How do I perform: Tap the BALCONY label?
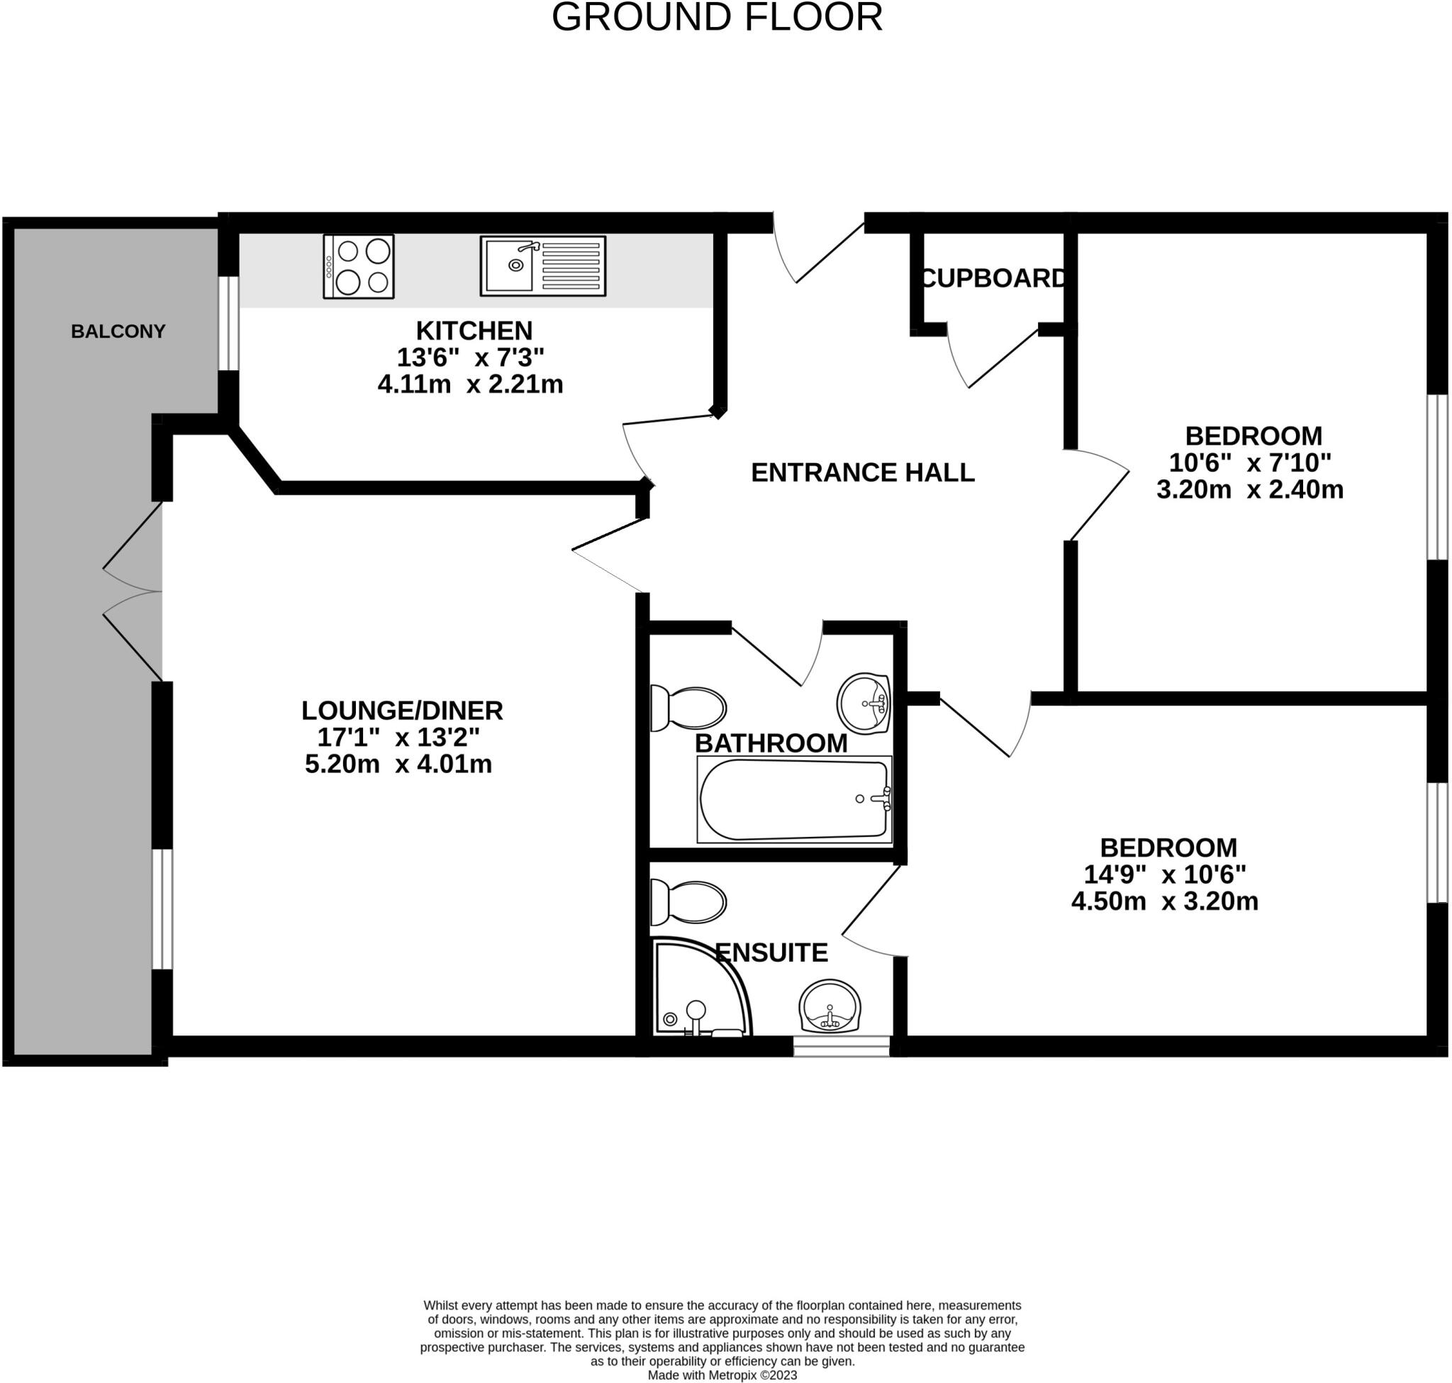118,332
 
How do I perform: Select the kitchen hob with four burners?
358,266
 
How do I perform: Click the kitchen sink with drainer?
542,265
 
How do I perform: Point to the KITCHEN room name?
474,331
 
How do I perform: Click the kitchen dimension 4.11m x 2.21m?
470,384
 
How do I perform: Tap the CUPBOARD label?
993,278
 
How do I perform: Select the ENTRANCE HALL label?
862,472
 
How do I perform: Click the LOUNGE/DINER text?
402,710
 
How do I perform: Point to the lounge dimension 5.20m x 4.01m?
398,764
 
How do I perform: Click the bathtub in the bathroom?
794,799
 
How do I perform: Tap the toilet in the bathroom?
688,709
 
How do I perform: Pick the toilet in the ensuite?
688,901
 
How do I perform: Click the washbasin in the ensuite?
830,1006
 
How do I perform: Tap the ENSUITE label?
771,952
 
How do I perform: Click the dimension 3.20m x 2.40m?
1249,489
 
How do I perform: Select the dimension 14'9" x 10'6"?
1165,874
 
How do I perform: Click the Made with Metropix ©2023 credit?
722,1375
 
